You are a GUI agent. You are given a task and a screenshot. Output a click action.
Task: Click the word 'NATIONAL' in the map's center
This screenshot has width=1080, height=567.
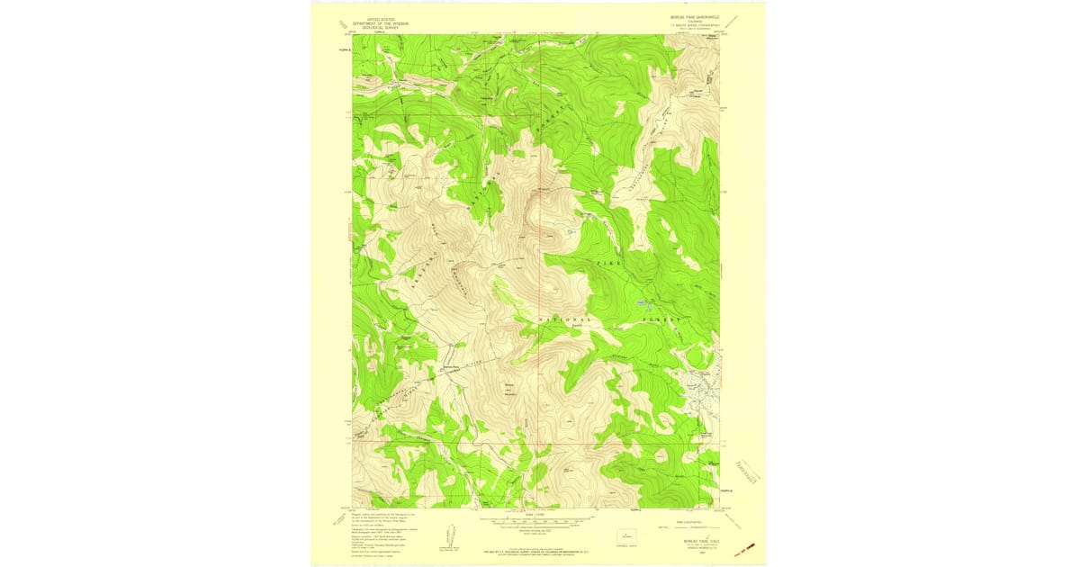tap(566, 320)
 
